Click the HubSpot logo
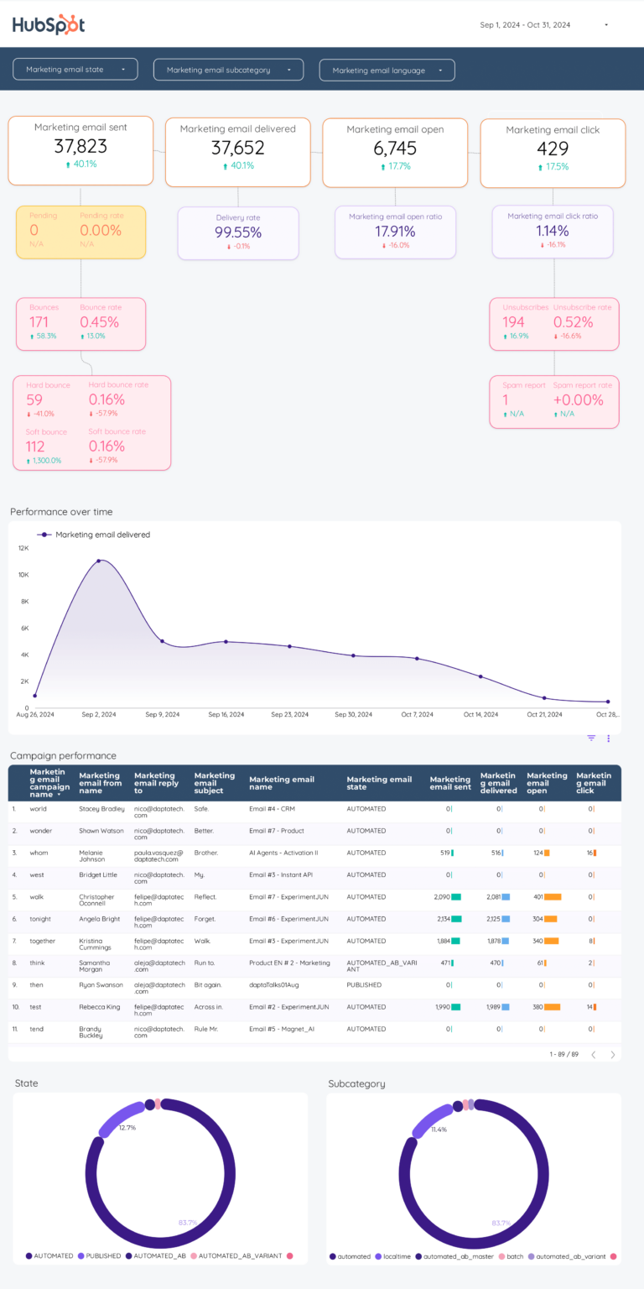pos(49,25)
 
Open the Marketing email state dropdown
pos(75,70)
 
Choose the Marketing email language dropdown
pos(387,70)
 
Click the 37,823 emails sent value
pos(80,146)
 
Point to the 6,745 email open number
pos(395,149)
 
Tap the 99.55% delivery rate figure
pos(238,232)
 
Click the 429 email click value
pos(553,149)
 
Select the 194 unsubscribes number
pos(513,322)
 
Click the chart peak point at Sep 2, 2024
pos(99,561)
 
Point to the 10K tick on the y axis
pos(23,575)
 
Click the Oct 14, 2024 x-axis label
pos(480,715)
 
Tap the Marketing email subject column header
pos(214,783)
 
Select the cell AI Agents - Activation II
pos(283,853)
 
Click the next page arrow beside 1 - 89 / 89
pos(613,1055)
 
